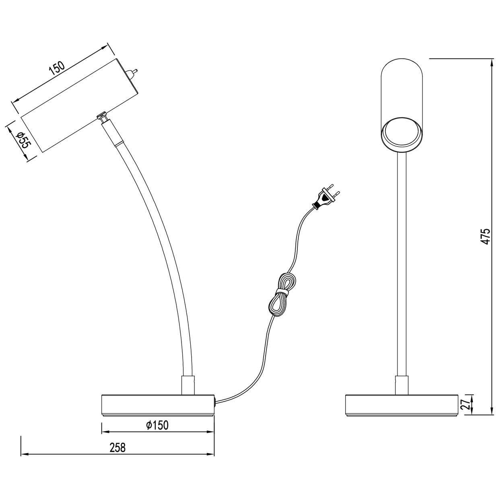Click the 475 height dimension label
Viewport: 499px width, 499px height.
[x=486, y=237]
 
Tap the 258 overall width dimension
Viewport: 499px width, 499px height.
[x=118, y=447]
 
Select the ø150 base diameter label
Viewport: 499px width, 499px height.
[x=157, y=425]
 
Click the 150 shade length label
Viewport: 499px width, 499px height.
[x=57, y=68]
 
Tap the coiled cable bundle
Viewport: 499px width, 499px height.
[x=282, y=295]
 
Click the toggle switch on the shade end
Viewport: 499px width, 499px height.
[x=132, y=73]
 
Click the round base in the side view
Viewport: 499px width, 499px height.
[x=157, y=404]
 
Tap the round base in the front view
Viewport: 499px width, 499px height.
[x=402, y=404]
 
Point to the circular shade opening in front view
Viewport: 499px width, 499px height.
[x=402, y=134]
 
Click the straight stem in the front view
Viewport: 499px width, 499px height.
[x=401, y=262]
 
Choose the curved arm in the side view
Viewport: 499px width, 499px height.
[x=161, y=241]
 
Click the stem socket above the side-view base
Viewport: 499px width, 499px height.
[x=188, y=385]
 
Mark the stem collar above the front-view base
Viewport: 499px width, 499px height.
[x=401, y=385]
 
